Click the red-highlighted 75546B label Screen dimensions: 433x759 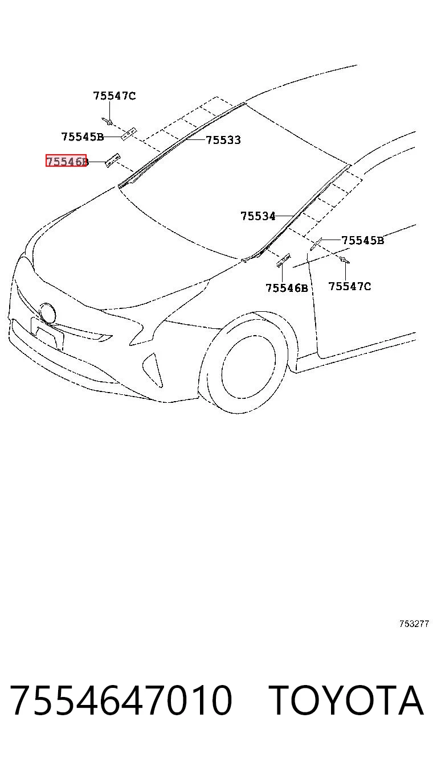coord(67,160)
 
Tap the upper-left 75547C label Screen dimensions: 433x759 coord(115,96)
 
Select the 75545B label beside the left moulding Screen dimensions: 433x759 coord(83,137)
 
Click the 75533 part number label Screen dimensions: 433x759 coord(224,140)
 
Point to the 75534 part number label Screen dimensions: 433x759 coord(258,216)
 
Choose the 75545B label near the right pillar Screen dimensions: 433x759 coord(363,240)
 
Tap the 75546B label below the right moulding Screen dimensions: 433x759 coord(287,288)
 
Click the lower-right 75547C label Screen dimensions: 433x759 coord(349,286)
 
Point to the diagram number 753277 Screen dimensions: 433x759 coord(414,624)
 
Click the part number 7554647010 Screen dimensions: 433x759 coord(122,700)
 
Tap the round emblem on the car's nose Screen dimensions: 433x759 coord(47,313)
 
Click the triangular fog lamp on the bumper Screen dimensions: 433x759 coord(153,369)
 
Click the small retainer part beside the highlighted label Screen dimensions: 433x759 coord(112,160)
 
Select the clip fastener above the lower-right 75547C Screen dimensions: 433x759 coord(345,259)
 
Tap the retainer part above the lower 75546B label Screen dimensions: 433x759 coord(283,260)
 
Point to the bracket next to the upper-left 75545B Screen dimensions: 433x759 coord(129,133)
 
